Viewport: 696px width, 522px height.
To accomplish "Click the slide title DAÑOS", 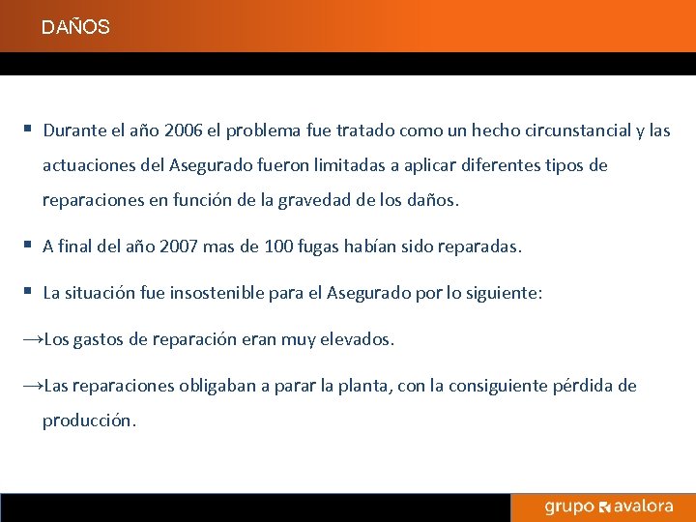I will click(x=75, y=28).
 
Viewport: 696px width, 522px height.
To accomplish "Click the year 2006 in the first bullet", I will click(x=184, y=130).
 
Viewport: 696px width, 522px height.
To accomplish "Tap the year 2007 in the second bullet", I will click(x=178, y=246).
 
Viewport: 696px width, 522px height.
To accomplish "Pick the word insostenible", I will click(x=222, y=293).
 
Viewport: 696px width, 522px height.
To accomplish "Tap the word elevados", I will click(x=358, y=340).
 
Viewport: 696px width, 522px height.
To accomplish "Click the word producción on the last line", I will click(x=88, y=421).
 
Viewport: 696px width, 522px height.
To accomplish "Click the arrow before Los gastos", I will click(x=32, y=340).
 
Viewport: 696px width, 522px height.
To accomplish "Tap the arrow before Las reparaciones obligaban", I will click(x=32, y=387).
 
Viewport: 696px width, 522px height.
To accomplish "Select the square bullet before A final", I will click(x=29, y=246).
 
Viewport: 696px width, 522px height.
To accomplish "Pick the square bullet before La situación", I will click(x=29, y=292).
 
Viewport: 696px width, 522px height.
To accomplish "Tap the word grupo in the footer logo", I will click(x=569, y=507).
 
